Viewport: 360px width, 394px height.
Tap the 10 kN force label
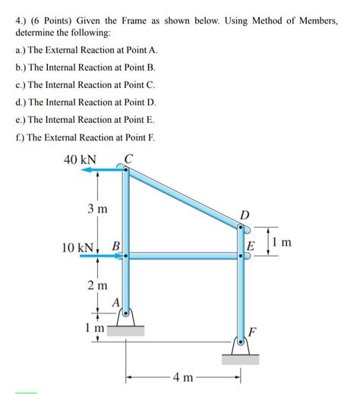pyautogui.click(x=78, y=247)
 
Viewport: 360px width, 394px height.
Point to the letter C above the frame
pyautogui.click(x=127, y=159)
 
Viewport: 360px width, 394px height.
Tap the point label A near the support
pyautogui.click(x=115, y=303)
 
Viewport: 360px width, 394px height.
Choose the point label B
pyautogui.click(x=115, y=246)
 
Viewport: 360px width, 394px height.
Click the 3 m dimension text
pyautogui.click(x=96, y=208)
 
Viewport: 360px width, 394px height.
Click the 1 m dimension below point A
pyautogui.click(x=94, y=328)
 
